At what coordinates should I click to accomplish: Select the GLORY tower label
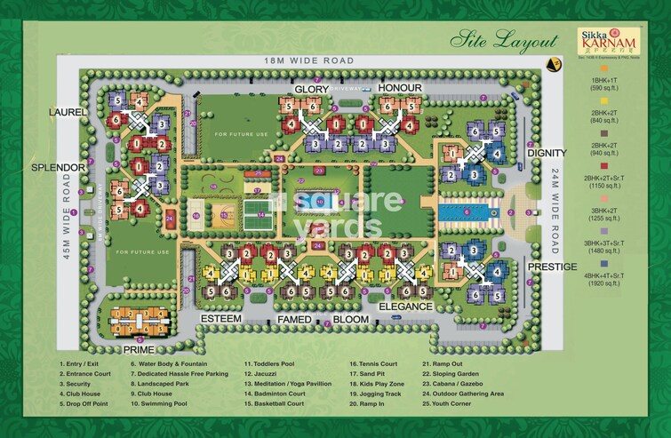coord(312,90)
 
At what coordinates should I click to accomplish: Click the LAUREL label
coord(68,113)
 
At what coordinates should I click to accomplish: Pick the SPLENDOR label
coord(57,167)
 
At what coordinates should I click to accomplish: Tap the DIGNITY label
coord(547,153)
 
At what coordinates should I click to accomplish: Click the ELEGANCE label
coord(405,307)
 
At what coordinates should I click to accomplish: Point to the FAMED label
coord(293,318)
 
